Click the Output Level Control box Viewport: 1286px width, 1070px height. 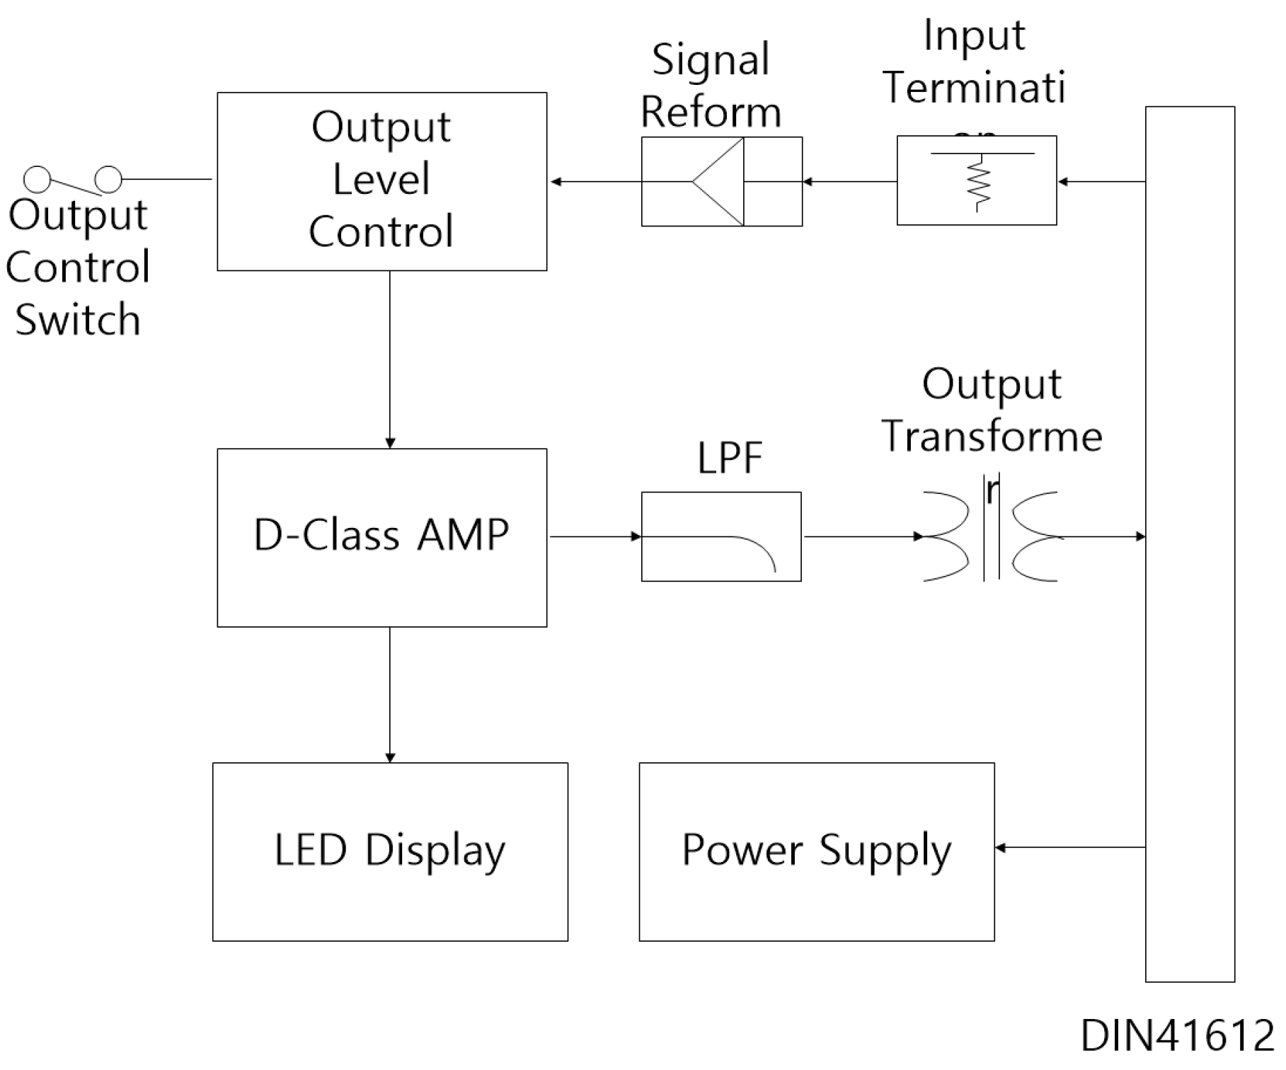coord(381,181)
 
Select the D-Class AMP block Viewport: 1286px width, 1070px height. coord(381,537)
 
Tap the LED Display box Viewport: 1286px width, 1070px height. coord(390,851)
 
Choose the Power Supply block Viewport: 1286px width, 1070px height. coord(816,851)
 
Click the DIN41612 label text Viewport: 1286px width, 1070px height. coord(1177,1036)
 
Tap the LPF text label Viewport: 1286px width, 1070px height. coord(730,459)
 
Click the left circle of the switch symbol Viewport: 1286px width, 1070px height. coord(37,180)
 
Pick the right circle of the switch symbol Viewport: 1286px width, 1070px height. coord(108,180)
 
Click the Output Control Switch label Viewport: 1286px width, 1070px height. coord(78,267)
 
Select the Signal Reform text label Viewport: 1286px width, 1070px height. coord(711,86)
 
